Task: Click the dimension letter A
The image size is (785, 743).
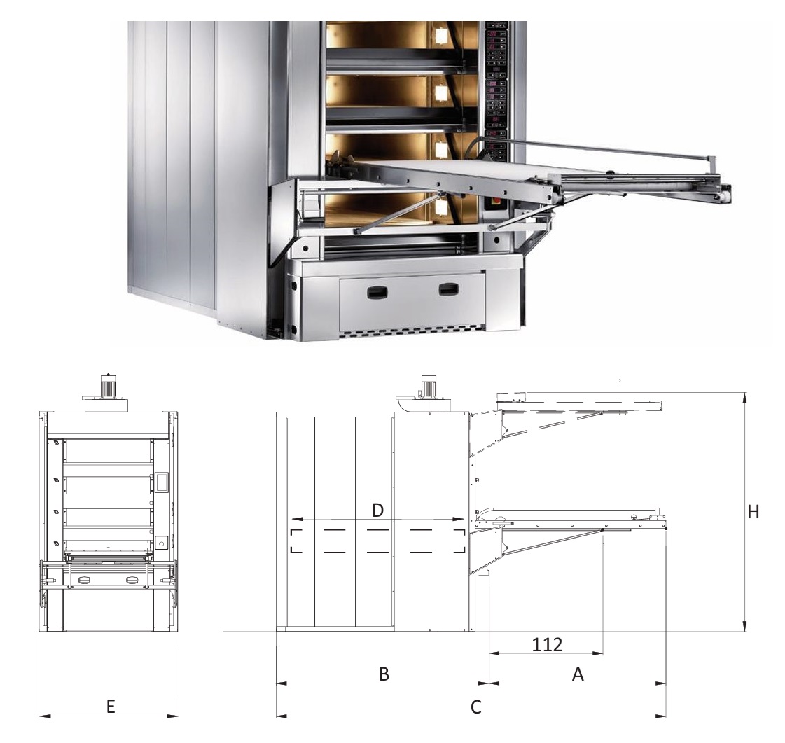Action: (x=578, y=674)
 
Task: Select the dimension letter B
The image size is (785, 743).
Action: (x=384, y=674)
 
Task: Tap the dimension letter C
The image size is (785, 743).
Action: (x=476, y=707)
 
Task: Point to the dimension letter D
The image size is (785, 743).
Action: (x=378, y=511)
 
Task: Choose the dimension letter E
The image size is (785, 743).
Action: (x=111, y=707)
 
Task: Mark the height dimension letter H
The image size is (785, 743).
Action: (x=753, y=512)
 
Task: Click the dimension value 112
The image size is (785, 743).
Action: (x=547, y=645)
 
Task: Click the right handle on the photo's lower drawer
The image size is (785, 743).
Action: (x=448, y=289)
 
